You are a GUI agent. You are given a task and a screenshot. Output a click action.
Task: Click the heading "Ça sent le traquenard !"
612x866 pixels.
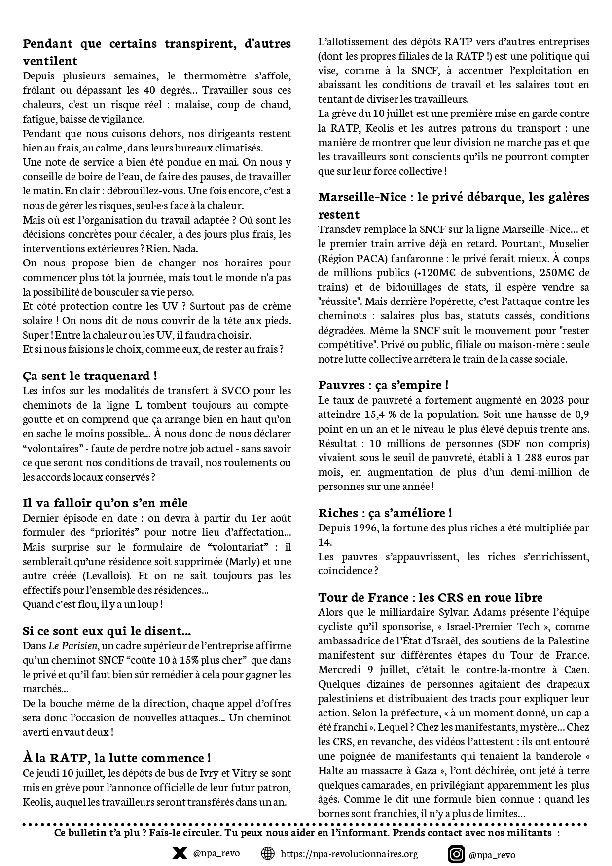(x=90, y=376)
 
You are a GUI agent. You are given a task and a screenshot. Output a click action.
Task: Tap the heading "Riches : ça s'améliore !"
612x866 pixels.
(x=385, y=513)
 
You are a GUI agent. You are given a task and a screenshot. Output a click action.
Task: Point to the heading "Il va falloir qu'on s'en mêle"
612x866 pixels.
(x=105, y=503)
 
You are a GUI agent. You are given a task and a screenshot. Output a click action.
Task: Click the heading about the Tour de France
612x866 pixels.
(x=431, y=597)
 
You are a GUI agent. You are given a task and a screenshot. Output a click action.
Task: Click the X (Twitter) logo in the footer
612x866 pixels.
(x=180, y=853)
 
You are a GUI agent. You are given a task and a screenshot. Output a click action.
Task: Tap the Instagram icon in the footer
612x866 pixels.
(x=456, y=853)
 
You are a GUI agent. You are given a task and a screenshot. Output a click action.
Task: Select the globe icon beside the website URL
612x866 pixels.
(x=268, y=853)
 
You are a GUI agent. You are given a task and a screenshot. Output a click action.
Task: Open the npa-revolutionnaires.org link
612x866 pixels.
(x=349, y=854)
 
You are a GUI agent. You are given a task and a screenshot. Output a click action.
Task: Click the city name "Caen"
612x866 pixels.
(x=576, y=670)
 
